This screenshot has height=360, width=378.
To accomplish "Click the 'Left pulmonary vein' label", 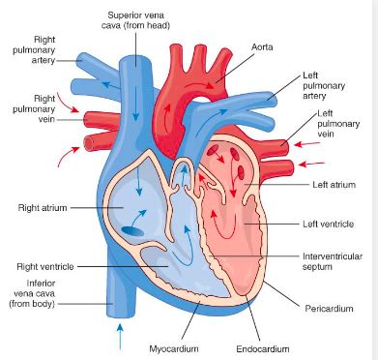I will click(x=333, y=127).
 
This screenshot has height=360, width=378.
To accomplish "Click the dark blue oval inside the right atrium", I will click(x=131, y=230).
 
